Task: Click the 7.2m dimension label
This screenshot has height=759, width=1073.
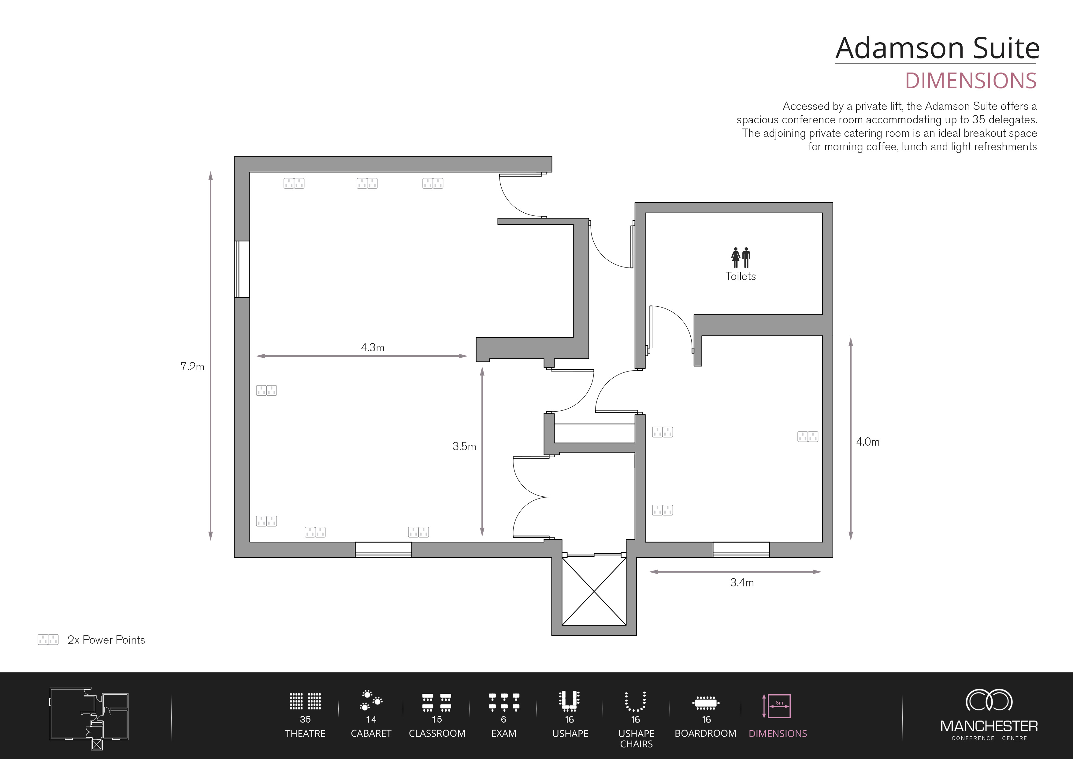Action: pyautogui.click(x=192, y=367)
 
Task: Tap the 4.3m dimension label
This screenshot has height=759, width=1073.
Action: pyautogui.click(x=373, y=347)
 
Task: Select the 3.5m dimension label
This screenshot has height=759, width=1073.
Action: pyautogui.click(x=464, y=447)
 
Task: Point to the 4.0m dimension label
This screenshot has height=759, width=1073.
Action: pyautogui.click(x=867, y=442)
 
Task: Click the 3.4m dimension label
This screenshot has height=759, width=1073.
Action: pyautogui.click(x=742, y=583)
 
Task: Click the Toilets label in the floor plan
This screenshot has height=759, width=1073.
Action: pyautogui.click(x=740, y=276)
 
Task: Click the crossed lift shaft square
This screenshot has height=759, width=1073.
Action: pyautogui.click(x=593, y=592)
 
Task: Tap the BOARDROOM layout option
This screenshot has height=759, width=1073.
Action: pyautogui.click(x=705, y=702)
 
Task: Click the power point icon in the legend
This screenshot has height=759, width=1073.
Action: pyautogui.click(x=48, y=639)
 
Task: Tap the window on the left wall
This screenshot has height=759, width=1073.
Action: pyautogui.click(x=242, y=269)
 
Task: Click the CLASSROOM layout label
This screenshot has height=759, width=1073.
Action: pyautogui.click(x=437, y=733)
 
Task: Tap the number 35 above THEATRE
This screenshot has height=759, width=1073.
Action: pyautogui.click(x=305, y=719)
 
